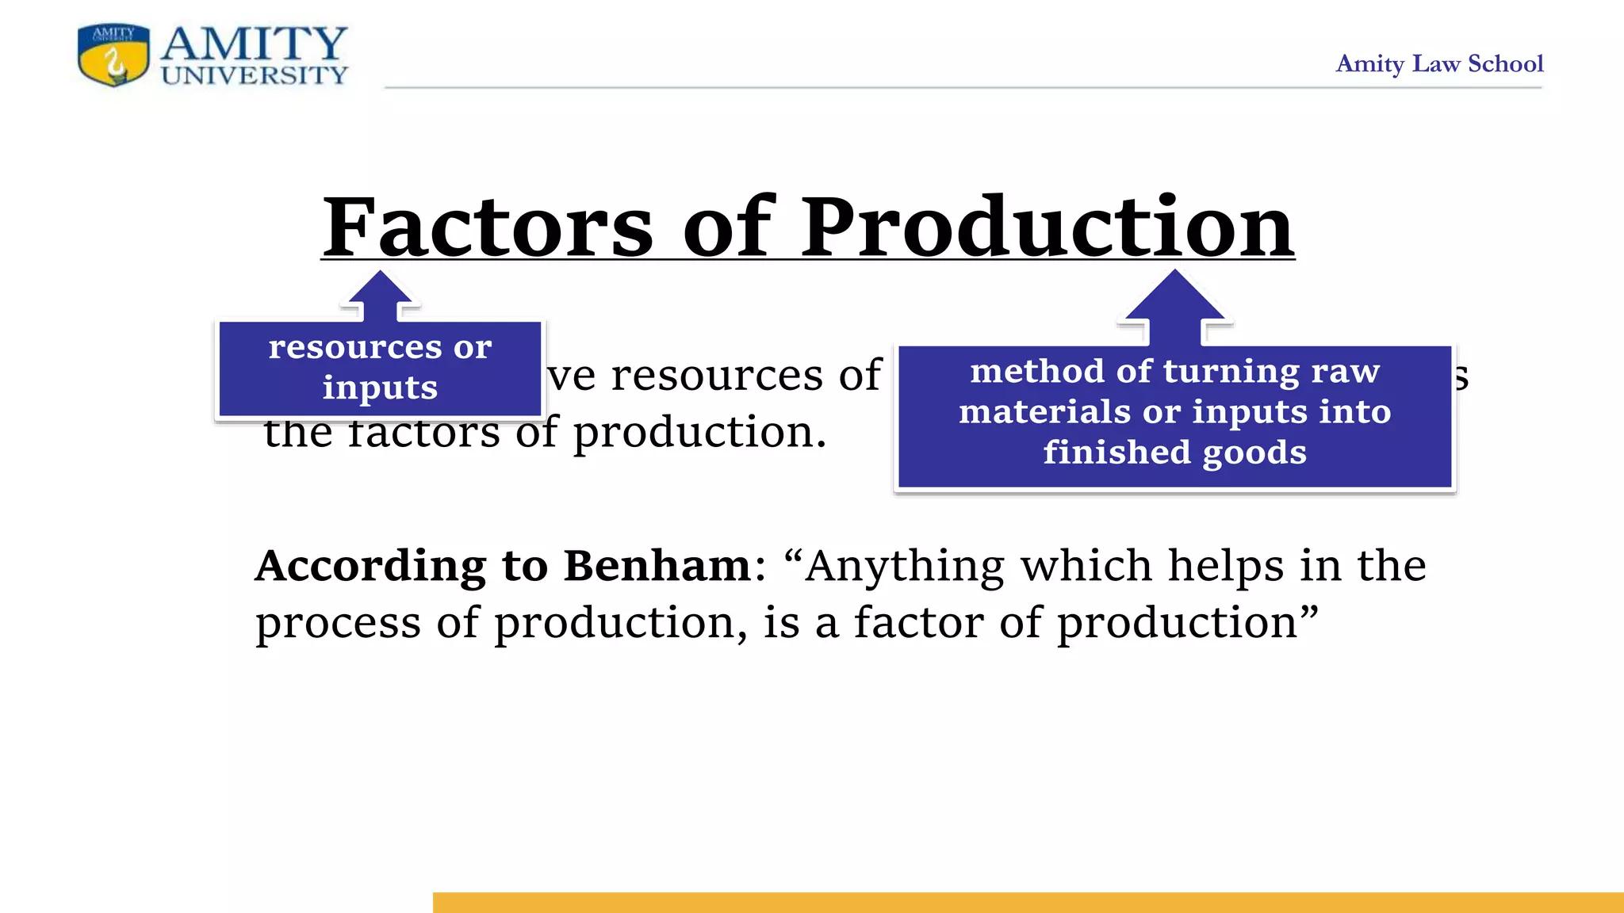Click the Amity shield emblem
[113, 55]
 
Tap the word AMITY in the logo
[254, 44]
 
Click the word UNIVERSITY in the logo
[254, 75]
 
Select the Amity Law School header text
[1439, 63]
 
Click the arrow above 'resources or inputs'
[381, 297]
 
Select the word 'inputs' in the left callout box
[380, 388]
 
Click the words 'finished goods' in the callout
[1174, 453]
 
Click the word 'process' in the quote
[339, 624]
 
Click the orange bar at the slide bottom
[1028, 902]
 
